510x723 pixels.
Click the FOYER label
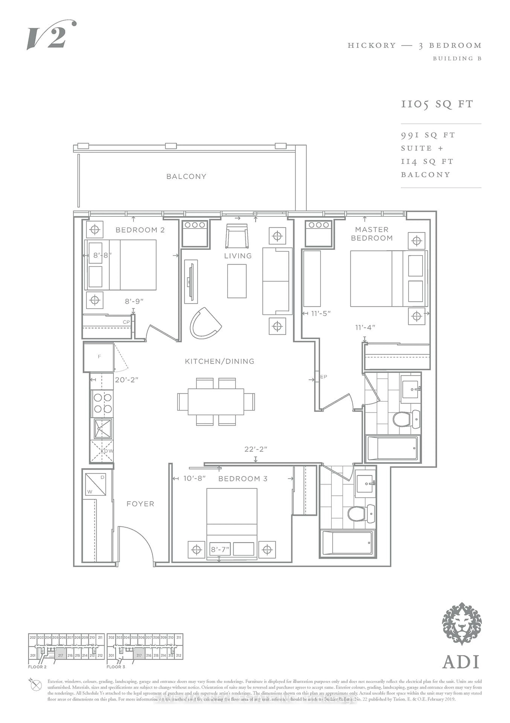140,504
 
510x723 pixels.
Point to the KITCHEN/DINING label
219,361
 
